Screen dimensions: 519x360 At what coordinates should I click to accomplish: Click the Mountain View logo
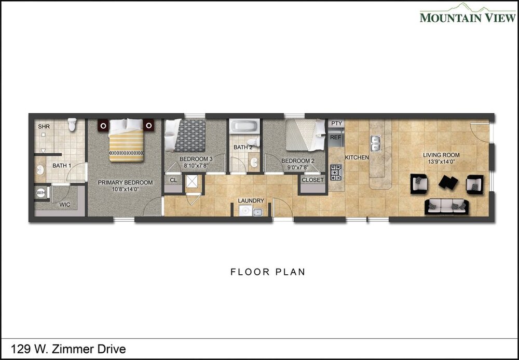[468, 14]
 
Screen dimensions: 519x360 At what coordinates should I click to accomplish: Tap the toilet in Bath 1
[72, 125]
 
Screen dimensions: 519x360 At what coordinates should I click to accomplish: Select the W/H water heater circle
[40, 193]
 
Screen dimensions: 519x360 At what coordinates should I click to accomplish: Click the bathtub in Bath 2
[244, 126]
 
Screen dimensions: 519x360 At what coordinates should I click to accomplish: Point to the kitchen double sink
[375, 143]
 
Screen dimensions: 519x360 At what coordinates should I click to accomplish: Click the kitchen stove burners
[336, 172]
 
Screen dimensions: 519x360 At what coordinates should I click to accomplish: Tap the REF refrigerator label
[335, 137]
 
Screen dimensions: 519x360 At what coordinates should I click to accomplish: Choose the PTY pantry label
[336, 123]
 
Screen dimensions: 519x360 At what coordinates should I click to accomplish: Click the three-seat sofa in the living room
[446, 206]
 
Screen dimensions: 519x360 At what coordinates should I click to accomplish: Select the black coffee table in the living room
[448, 182]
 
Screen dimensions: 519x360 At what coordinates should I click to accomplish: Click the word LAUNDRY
[251, 201]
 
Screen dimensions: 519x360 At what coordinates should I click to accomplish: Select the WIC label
[64, 205]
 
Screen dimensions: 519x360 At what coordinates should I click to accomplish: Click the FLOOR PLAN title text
[268, 272]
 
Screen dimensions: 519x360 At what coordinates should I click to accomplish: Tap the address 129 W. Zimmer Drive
[68, 349]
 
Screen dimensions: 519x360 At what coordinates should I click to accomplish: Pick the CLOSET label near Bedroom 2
[312, 180]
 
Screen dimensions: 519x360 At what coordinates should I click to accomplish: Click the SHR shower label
[44, 127]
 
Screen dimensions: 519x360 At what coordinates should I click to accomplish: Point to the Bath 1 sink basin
[40, 170]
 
